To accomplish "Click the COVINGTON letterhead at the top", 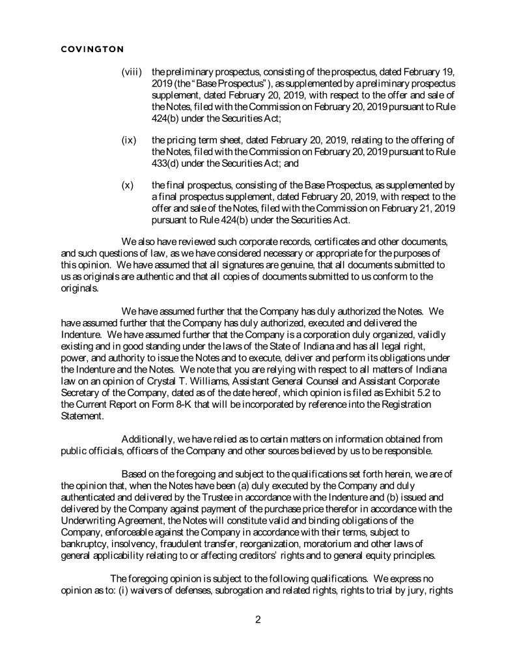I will [x=92, y=48].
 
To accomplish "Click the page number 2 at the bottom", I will [x=258, y=619].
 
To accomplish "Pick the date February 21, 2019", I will [x=415, y=208].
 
